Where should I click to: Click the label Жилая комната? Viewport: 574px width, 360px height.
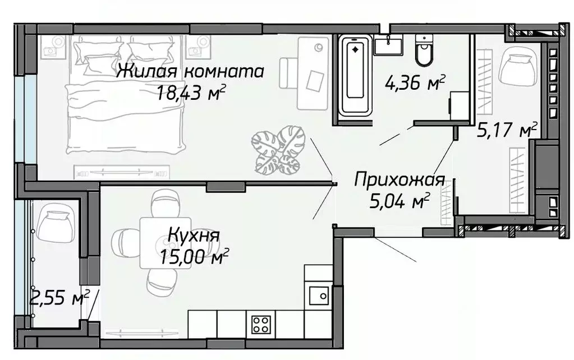(191, 72)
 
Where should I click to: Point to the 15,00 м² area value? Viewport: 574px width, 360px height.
(194, 257)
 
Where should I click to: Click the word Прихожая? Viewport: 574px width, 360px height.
(399, 181)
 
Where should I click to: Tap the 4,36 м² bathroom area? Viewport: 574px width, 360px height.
(415, 84)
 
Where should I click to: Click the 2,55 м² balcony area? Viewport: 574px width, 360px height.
(58, 298)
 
